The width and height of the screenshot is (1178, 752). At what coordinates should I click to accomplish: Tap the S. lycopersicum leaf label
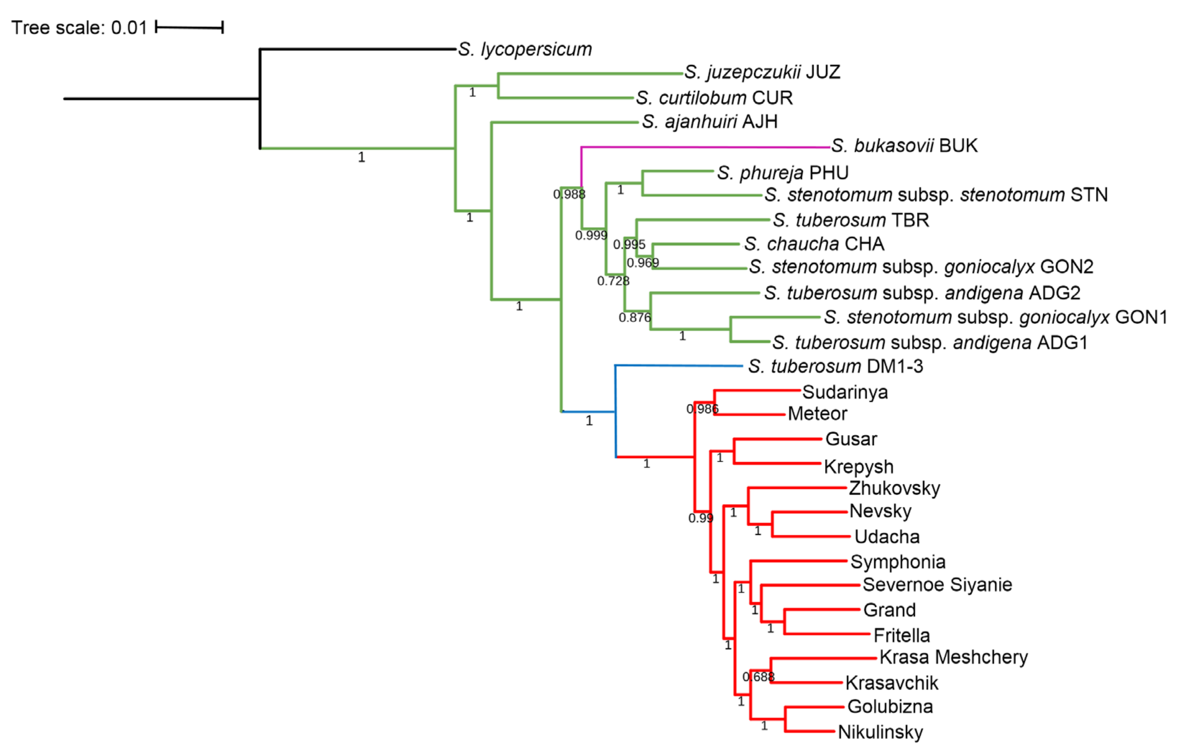pyautogui.click(x=524, y=49)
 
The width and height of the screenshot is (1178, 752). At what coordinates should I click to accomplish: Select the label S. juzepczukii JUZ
pyautogui.click(x=762, y=72)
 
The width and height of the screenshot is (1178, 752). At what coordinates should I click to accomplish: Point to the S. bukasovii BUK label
pyautogui.click(x=904, y=146)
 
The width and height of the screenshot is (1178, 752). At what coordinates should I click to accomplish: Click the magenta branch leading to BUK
pyautogui.click(x=705, y=147)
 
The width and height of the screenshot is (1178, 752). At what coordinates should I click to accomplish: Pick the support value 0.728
pyautogui.click(x=613, y=281)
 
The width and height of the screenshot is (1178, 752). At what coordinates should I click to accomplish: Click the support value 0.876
pyautogui.click(x=634, y=318)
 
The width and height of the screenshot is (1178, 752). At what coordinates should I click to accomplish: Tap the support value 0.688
pyautogui.click(x=758, y=677)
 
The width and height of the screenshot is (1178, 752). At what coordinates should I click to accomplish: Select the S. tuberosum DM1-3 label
pyautogui.click(x=835, y=366)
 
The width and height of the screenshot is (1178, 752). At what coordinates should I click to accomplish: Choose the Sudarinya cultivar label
pyautogui.click(x=845, y=392)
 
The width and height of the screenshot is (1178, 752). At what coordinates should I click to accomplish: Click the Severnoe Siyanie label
pyautogui.click(x=937, y=585)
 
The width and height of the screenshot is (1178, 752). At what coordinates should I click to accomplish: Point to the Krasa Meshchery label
pyautogui.click(x=953, y=657)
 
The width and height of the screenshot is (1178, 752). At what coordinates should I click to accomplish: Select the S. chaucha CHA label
pyautogui.click(x=814, y=244)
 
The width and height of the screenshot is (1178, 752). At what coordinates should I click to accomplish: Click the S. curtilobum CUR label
pyautogui.click(x=714, y=98)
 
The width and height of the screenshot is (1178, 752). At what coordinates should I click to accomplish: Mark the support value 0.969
pyautogui.click(x=643, y=263)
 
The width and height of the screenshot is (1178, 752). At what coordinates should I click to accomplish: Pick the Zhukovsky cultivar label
pyautogui.click(x=894, y=488)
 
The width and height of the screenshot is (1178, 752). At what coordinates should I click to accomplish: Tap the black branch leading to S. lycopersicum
pyautogui.click(x=357, y=49)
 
